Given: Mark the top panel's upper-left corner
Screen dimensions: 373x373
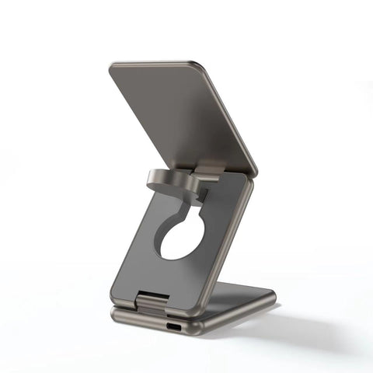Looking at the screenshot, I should coord(111,66).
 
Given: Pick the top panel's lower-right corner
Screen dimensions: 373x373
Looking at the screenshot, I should coord(254,171).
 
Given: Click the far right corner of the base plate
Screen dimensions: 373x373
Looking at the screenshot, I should coord(274,294).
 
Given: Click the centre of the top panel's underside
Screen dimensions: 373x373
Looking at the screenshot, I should coord(183,117).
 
